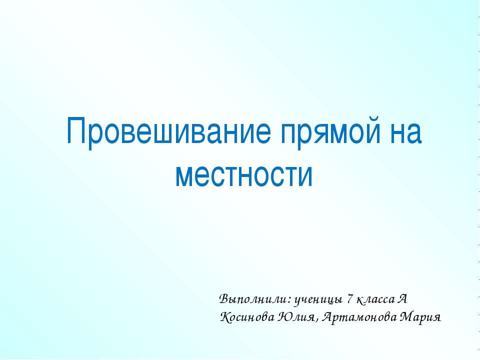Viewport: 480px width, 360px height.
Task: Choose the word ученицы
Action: point(318,300)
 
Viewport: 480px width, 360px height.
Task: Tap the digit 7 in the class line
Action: point(350,299)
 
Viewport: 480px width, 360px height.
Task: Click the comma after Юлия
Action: point(317,320)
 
